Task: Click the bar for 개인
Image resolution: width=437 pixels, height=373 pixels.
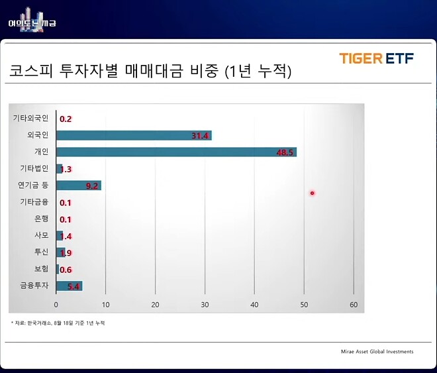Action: point(176,152)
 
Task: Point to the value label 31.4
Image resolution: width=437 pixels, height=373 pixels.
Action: point(200,136)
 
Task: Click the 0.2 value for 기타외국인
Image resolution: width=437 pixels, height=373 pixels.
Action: point(66,119)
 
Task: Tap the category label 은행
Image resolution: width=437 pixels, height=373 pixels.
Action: point(41,219)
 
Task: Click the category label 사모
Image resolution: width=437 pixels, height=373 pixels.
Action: point(41,235)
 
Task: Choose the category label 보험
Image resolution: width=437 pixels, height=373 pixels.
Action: point(41,269)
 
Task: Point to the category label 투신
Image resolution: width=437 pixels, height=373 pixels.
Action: point(41,252)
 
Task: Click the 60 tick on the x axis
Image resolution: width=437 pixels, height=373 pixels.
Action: point(354,305)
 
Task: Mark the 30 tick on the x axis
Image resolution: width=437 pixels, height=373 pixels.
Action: point(205,305)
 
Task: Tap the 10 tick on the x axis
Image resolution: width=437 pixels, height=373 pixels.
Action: point(106,305)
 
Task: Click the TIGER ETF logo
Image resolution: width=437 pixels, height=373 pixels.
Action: point(376,58)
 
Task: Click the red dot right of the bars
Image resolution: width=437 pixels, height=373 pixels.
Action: point(312,193)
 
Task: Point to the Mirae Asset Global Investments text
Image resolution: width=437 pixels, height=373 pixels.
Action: point(373,351)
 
